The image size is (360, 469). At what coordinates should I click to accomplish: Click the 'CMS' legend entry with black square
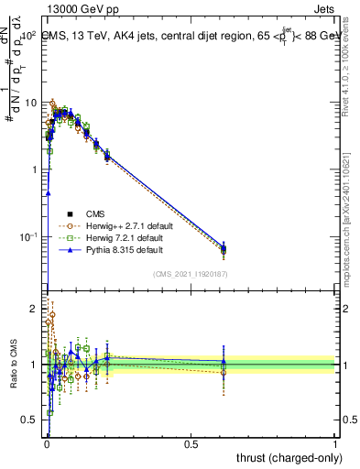point(108,213)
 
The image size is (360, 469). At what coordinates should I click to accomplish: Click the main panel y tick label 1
point(34,170)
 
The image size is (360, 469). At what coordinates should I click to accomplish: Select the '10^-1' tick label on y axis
point(29,237)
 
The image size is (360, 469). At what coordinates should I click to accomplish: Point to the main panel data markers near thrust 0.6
point(224,247)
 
